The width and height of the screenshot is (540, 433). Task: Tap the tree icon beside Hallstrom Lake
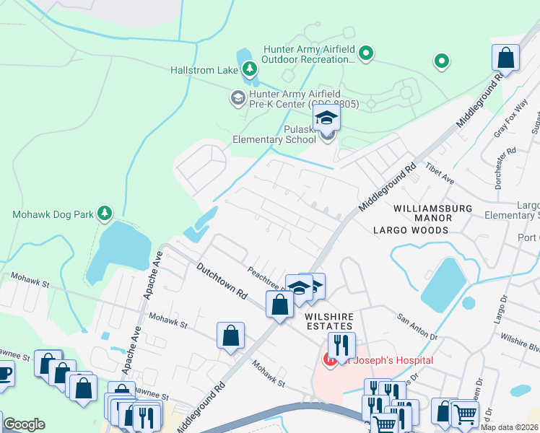pyautogui.click(x=250, y=69)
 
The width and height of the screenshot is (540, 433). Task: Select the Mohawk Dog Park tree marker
pyautogui.click(x=105, y=213)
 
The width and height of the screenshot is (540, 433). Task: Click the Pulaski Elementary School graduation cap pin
pyautogui.click(x=327, y=118)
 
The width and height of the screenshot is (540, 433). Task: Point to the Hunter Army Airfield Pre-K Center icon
pyautogui.click(x=238, y=97)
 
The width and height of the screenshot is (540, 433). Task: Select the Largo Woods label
pyautogui.click(x=411, y=230)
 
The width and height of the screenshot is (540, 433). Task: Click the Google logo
pyautogui.click(x=24, y=424)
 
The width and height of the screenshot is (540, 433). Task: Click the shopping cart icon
pyautogui.click(x=464, y=415)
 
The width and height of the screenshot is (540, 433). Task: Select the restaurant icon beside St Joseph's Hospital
pyautogui.click(x=341, y=345)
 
